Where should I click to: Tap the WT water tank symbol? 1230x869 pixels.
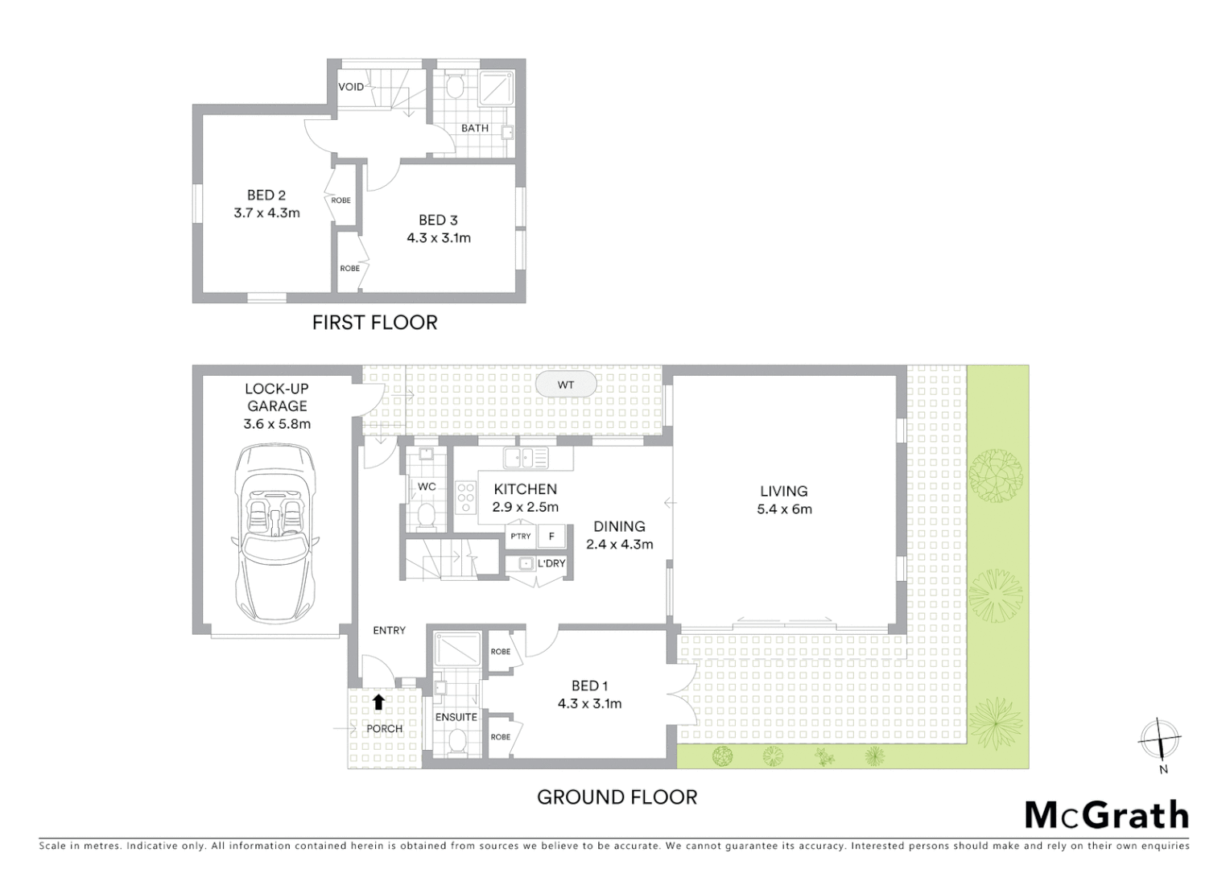[566, 385]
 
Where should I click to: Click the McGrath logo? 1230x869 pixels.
[1106, 815]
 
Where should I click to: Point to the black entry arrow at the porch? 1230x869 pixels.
[378, 702]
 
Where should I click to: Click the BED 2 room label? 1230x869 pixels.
[266, 196]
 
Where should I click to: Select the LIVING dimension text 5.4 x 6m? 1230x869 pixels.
[784, 509]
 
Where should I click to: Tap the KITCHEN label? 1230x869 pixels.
[525, 489]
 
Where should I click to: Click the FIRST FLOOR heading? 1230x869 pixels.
[374, 323]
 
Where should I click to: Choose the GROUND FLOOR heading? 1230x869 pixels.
[617, 797]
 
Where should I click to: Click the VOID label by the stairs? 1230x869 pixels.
[351, 87]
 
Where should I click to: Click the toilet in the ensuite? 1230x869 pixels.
[456, 741]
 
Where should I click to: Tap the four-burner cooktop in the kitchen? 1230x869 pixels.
[466, 496]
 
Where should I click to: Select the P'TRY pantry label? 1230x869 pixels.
[521, 536]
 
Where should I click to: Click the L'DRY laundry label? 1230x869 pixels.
[551, 563]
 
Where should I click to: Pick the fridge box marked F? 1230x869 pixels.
[551, 536]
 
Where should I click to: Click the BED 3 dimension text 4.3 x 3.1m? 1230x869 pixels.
[439, 237]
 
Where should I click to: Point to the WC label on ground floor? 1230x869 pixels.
[427, 487]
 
